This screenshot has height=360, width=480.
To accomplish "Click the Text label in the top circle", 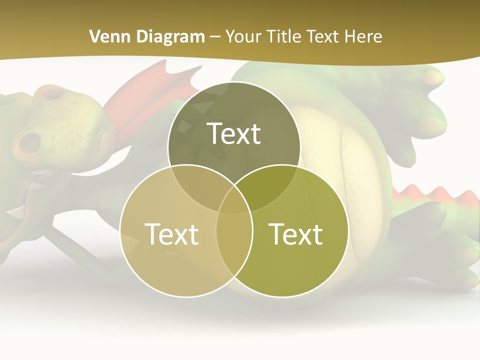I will pos(234,133).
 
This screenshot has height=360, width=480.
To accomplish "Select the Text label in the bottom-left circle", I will pos(171,234).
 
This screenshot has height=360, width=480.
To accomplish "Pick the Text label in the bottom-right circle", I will pos(296,234).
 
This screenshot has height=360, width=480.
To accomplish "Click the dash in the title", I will pos(215,36).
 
